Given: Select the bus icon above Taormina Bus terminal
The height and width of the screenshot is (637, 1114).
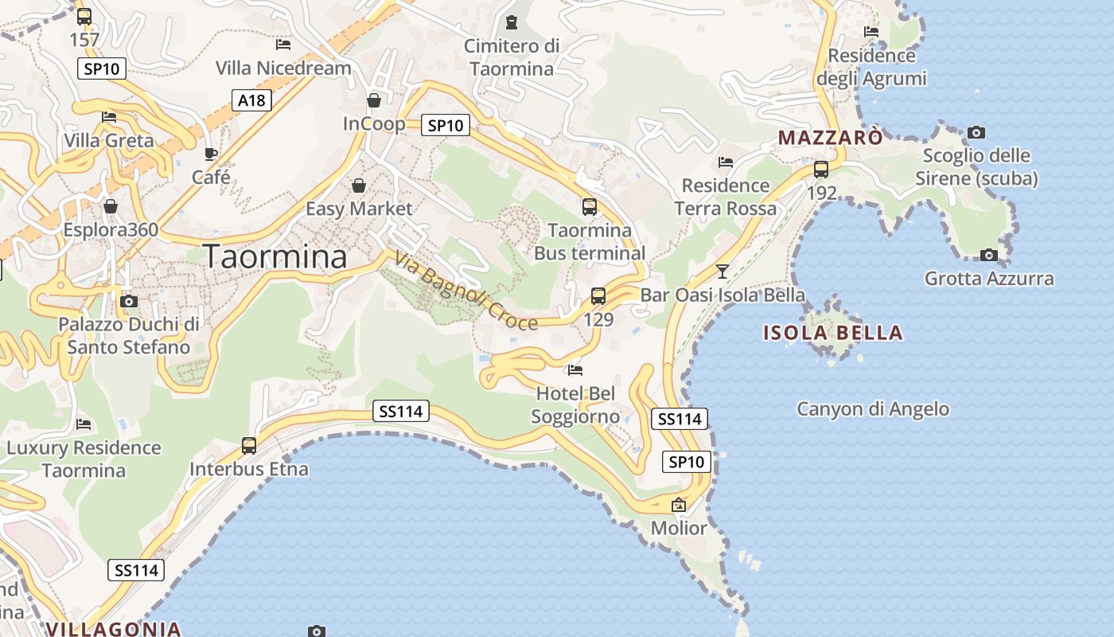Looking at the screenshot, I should click(590, 207).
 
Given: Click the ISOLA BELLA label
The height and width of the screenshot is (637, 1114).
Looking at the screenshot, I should click(833, 333).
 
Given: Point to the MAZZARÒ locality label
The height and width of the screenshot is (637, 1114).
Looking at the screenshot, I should click(830, 138).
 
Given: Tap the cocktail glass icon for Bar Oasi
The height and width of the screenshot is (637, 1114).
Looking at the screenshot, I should click(722, 272).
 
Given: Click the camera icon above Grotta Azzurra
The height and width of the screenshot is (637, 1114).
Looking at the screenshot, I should click(989, 255).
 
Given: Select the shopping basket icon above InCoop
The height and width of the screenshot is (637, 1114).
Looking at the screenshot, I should click(374, 100).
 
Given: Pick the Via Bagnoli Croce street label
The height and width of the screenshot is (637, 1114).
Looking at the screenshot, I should click(465, 291).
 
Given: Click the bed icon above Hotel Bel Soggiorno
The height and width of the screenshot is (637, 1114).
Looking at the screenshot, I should click(575, 369).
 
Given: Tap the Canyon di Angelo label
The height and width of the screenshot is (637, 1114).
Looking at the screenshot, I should click(873, 409).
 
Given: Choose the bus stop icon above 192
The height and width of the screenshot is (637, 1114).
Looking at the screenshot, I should click(821, 170).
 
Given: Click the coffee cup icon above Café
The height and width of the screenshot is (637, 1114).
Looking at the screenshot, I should click(211, 154).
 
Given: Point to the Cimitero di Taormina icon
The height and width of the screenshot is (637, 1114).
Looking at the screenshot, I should click(512, 22).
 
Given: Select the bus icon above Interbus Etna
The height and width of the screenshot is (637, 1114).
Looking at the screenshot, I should click(249, 446).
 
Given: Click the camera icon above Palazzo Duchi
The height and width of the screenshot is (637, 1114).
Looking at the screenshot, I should click(129, 301).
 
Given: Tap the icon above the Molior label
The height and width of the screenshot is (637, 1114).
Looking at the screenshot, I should click(679, 505).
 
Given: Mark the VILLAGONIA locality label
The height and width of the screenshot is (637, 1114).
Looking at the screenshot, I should click(113, 629).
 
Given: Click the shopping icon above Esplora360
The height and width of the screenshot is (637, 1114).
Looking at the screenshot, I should click(111, 207).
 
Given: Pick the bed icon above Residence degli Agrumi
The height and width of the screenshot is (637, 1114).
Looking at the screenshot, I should click(871, 32).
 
